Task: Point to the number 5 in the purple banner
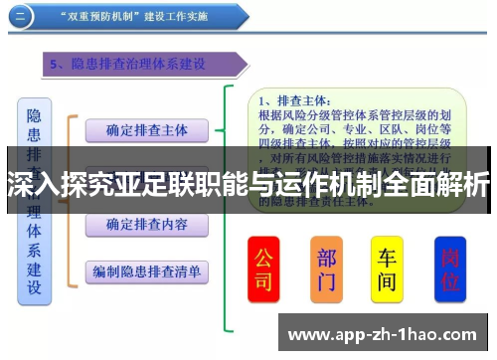(x=57, y=65)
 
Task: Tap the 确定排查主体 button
(x=146, y=129)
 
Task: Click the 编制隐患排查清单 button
(x=146, y=270)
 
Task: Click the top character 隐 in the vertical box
(x=34, y=115)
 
